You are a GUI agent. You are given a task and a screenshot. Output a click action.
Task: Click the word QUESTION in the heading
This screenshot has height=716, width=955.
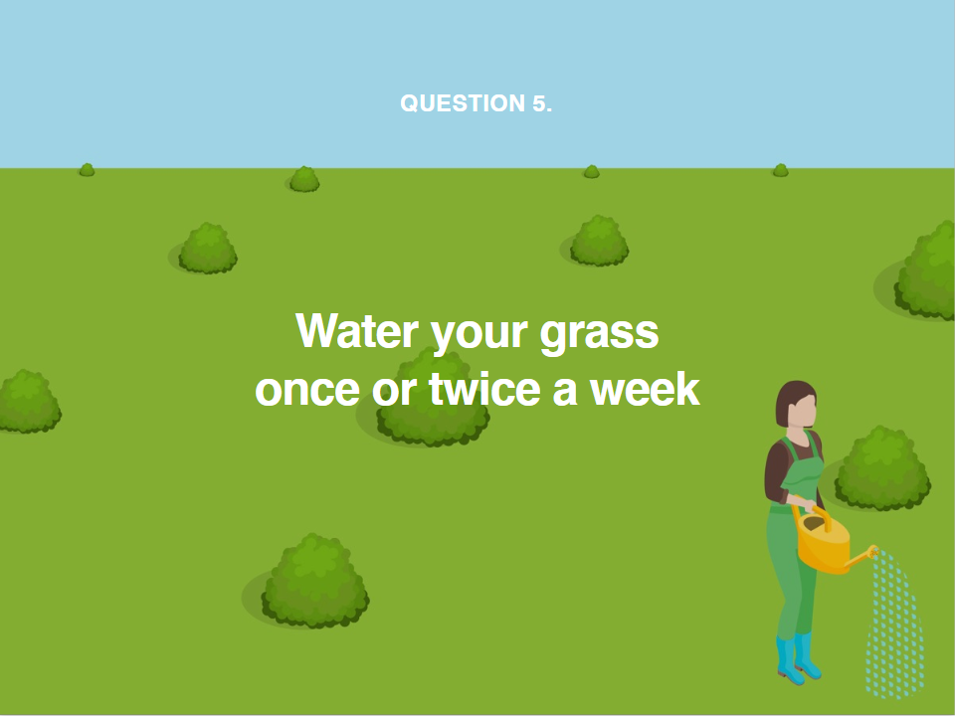coord(463,103)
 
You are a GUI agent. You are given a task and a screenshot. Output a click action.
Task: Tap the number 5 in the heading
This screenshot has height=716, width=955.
coord(539,103)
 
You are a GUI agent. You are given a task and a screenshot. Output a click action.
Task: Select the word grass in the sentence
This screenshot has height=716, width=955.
coord(599,335)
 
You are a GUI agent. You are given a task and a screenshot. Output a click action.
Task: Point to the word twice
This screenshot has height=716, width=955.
coord(484,389)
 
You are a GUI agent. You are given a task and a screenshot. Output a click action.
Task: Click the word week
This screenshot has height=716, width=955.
coord(645,388)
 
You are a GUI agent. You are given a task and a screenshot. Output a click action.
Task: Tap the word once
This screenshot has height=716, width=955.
coord(307,390)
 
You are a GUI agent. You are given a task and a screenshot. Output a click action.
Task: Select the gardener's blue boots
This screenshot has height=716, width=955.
coord(799,658)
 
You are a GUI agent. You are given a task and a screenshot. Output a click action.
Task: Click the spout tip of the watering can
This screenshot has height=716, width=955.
coord(874,551)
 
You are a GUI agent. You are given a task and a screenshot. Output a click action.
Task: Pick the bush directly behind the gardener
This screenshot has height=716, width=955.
coord(882,467)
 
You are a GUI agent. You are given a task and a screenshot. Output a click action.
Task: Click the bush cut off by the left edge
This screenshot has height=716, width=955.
coord(29,401)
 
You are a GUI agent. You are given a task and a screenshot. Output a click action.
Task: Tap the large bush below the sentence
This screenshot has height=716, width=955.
coord(315,581)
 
